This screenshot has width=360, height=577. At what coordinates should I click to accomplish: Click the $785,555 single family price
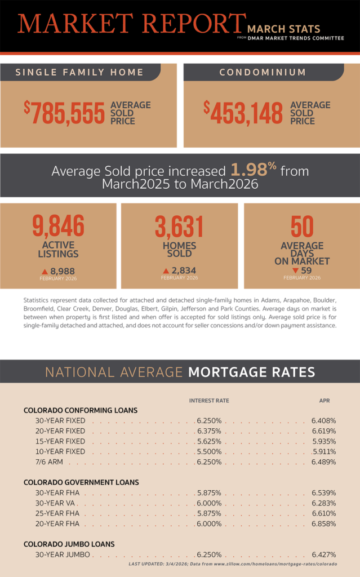coord(64,113)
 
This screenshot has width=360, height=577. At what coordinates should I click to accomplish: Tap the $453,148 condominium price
coord(243,113)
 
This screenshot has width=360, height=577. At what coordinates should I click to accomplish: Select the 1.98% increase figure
coord(253,170)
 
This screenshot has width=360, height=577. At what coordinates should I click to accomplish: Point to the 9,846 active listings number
coord(58,226)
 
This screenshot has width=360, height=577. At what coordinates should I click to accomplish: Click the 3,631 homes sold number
coord(179,227)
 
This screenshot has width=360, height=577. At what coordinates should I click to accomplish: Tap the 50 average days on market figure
coord(301,227)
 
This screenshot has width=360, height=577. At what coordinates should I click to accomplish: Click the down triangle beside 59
coord(295,270)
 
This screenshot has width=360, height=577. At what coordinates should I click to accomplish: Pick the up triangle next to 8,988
coord(45,271)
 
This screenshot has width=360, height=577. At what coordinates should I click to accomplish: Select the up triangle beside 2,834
coord(166,271)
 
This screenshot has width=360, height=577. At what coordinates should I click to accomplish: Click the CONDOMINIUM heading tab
coord(263,72)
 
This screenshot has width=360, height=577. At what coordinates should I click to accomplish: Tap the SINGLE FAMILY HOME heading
coord(79,72)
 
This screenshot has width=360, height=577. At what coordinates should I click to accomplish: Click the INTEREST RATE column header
coord(209,401)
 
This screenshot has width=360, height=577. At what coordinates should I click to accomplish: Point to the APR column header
coord(325,401)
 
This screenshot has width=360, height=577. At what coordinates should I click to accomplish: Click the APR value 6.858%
coord(323,523)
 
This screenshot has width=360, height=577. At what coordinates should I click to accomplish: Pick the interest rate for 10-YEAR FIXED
coord(209,451)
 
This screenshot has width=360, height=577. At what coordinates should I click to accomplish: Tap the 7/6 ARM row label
coord(49,461)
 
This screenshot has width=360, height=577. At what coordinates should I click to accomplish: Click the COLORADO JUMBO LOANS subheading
coord(69,544)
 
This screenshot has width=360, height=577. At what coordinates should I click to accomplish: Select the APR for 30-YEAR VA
coord(323,503)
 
